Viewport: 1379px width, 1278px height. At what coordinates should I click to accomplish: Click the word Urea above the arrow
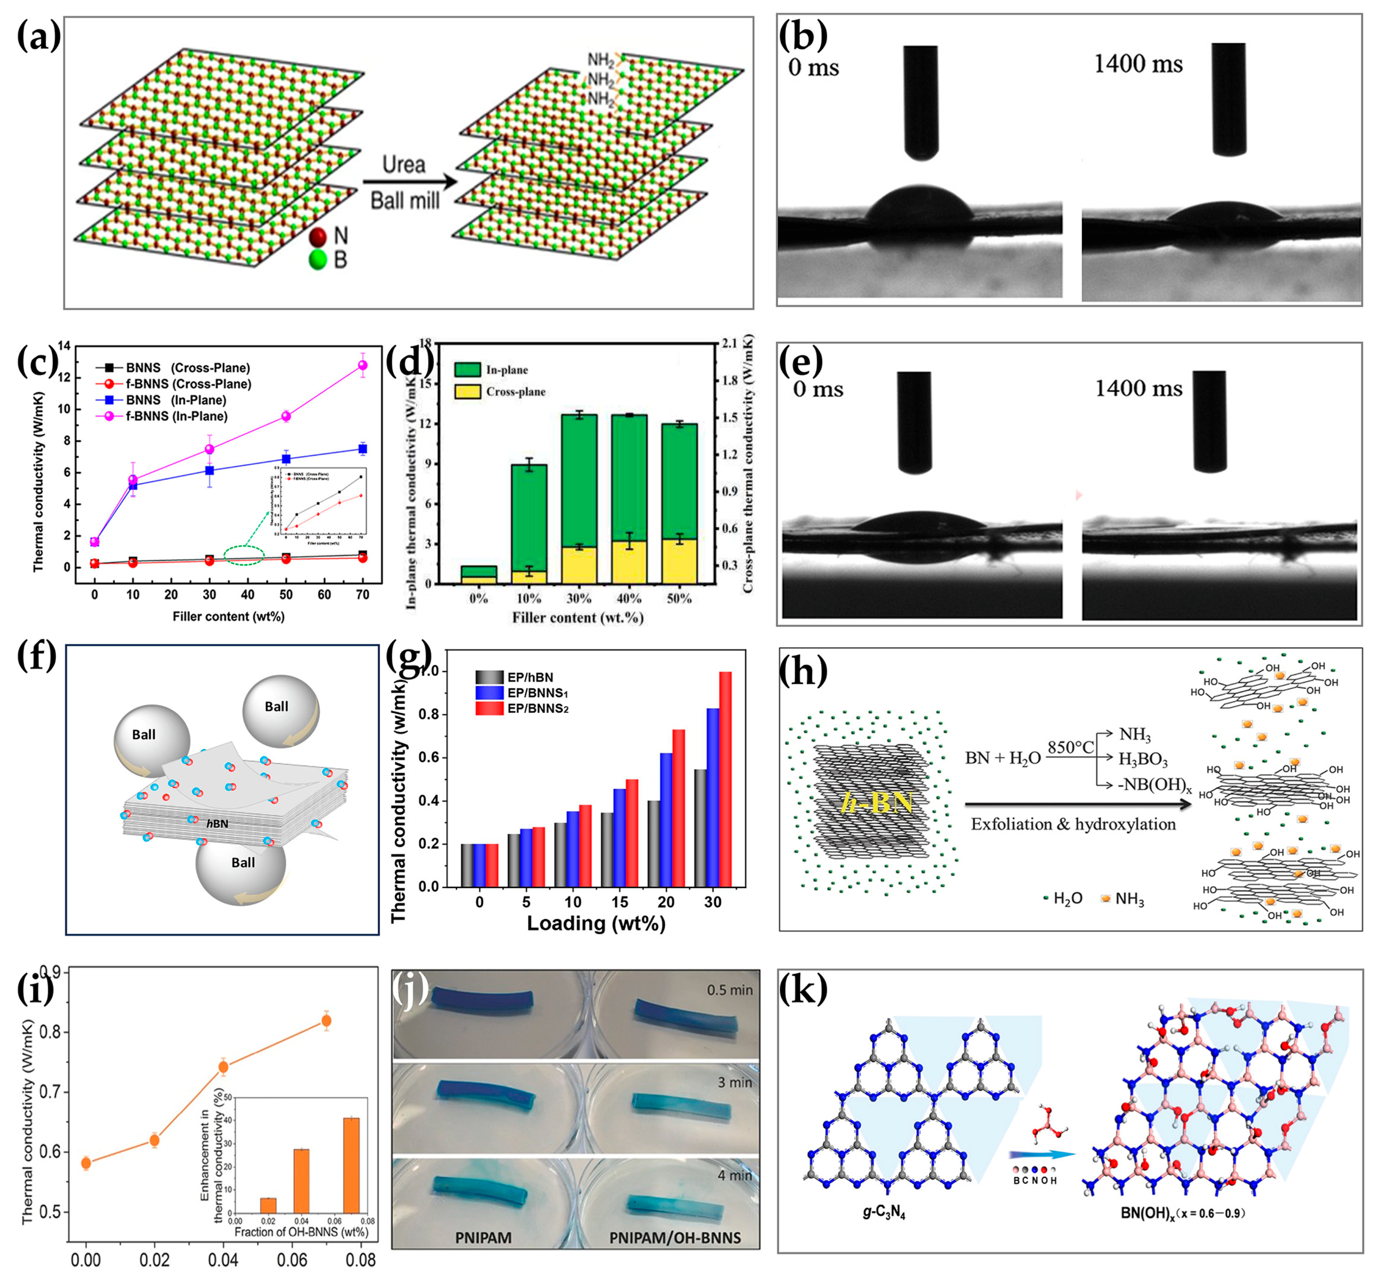tap(404, 164)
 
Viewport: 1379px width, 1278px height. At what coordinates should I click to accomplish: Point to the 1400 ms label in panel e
tap(1138, 388)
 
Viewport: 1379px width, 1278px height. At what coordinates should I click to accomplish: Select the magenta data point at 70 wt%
tap(363, 365)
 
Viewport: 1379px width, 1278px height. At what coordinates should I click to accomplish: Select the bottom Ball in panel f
tap(242, 863)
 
